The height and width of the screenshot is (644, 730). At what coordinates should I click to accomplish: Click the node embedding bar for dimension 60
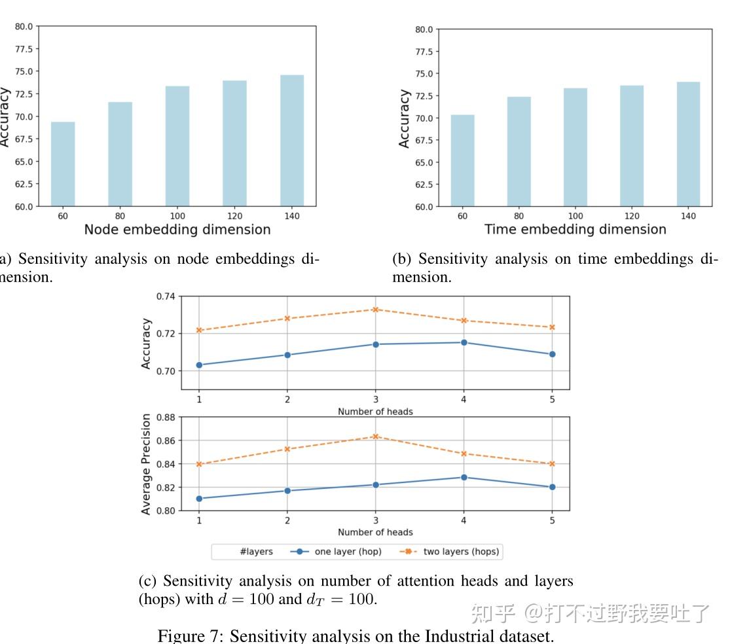click(x=63, y=164)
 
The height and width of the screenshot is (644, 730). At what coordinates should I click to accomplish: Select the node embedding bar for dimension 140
click(x=292, y=141)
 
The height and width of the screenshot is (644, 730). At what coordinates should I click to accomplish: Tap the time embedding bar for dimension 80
click(x=519, y=151)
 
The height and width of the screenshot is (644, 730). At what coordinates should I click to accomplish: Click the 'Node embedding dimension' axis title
click(x=177, y=230)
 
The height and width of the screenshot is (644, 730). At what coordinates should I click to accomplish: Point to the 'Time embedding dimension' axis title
click(x=575, y=230)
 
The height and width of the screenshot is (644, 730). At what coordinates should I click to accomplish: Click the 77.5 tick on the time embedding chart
click(x=424, y=52)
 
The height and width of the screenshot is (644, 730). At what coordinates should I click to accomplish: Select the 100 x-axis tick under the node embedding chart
click(x=177, y=216)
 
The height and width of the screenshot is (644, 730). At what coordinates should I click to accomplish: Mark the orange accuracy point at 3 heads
click(x=375, y=310)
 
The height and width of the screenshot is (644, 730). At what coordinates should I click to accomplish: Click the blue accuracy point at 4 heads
click(x=464, y=342)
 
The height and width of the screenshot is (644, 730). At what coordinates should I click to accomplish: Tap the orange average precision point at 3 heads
click(x=375, y=437)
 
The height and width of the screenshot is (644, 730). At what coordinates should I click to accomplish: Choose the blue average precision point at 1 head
click(x=199, y=499)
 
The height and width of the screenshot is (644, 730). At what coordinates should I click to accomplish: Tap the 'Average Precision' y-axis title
click(x=146, y=464)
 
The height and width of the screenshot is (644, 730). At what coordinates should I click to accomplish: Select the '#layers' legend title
click(x=255, y=552)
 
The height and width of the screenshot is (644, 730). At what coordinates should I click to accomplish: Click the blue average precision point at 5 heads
click(x=552, y=487)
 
